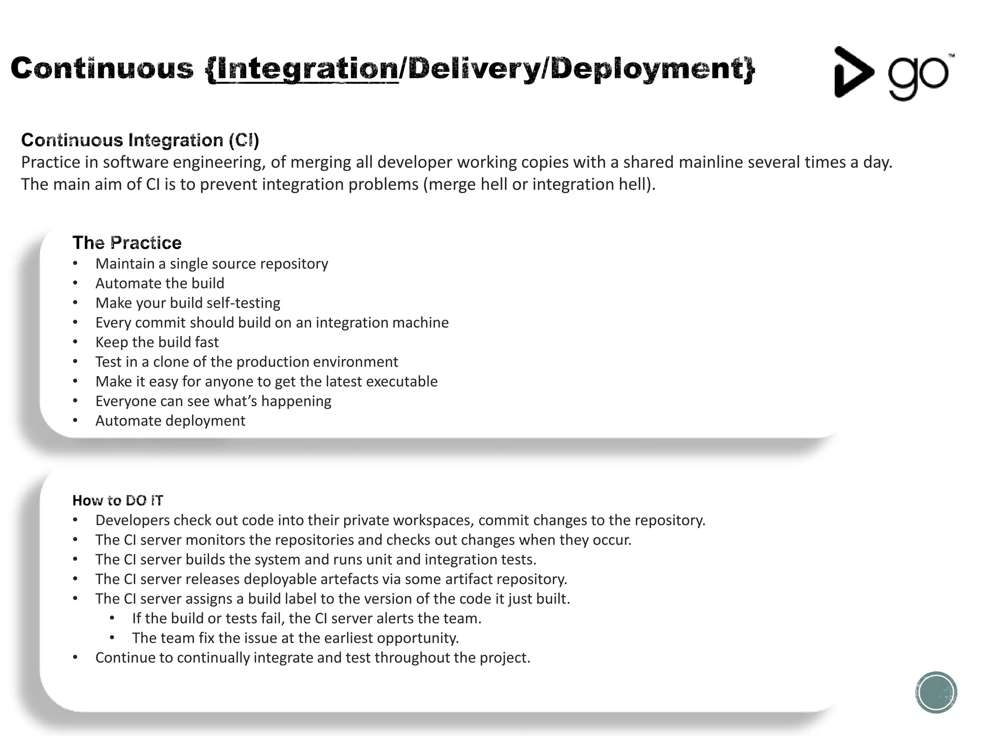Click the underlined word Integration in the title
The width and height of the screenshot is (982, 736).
pos(307,69)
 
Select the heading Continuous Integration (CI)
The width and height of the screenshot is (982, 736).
pos(140,140)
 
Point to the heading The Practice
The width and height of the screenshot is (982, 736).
pos(127,243)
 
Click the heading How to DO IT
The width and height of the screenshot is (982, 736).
pos(117,501)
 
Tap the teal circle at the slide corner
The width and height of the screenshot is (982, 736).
pos(935,692)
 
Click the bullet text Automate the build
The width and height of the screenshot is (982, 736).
pos(160,283)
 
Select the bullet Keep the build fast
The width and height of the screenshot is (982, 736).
pos(157,342)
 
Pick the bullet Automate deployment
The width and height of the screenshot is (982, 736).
pos(170,421)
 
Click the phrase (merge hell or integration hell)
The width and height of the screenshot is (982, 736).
pos(539,184)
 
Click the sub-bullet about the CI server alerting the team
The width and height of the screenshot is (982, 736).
pos(306,619)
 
